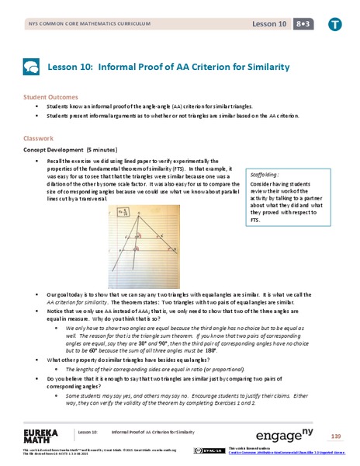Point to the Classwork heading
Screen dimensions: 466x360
[40, 140]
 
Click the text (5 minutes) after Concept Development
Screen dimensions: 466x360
[99, 149]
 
